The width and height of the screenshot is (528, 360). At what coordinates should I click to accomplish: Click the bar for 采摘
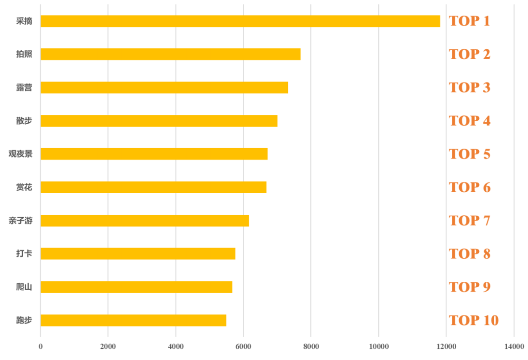[240, 21]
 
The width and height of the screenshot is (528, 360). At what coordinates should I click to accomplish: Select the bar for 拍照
[170, 54]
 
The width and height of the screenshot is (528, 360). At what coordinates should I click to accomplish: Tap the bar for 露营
[164, 88]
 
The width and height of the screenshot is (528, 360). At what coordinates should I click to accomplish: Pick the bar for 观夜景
[154, 154]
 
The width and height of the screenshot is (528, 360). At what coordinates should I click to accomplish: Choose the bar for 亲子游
[145, 221]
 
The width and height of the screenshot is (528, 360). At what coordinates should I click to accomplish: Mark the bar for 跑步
[133, 320]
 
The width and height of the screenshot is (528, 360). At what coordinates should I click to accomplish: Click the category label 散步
[24, 121]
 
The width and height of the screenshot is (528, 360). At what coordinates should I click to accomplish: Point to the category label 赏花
[24, 187]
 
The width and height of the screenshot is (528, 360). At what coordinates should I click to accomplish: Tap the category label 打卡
[24, 254]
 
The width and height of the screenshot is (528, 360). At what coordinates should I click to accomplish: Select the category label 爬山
[24, 287]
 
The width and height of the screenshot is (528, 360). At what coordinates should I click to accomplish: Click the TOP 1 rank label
[469, 21]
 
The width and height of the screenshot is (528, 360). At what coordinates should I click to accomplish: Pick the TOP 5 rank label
[469, 154]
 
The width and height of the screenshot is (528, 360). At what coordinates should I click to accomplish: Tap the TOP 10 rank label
[473, 320]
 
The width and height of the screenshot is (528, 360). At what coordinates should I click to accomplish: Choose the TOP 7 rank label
[469, 221]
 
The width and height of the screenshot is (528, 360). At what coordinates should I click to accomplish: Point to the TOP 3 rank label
[469, 88]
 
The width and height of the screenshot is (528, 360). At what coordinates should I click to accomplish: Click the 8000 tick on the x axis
[311, 347]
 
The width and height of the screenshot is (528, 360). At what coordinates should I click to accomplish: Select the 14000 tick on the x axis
[513, 347]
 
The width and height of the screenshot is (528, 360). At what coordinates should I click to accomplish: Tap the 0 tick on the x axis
[41, 347]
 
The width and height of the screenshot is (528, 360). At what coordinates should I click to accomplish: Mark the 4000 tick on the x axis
[176, 347]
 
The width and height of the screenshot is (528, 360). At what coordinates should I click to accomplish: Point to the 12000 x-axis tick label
[446, 347]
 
